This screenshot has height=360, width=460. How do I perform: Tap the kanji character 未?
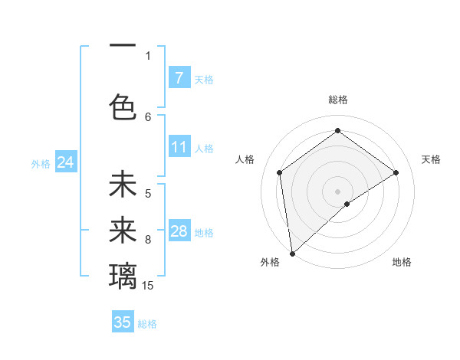pos(123,185)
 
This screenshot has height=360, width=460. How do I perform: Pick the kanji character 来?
pos(123,228)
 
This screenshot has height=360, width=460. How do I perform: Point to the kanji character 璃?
pos(123,274)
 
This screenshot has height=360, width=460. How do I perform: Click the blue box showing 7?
pos(179,77)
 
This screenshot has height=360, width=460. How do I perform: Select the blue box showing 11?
pos(179,147)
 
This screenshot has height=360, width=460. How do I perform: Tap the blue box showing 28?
pos(179,231)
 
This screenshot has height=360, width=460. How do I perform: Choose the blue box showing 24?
pos(65,162)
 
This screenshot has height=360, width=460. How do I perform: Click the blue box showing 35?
pos(122,322)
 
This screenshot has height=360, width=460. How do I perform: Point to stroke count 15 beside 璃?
pos(148,286)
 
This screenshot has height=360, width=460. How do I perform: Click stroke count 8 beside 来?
pos(148,240)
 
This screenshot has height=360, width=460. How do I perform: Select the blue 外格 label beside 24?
pos(41,163)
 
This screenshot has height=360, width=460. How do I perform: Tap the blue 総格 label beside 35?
pos(147,323)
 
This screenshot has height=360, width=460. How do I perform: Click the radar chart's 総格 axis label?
pos(337,100)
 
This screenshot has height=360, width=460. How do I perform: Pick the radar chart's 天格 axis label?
pos(431,159)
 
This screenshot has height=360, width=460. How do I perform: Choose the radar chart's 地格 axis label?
pos(402,262)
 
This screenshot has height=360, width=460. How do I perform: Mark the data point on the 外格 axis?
pos(292,252)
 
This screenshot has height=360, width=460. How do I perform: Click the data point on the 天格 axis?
pos(396,172)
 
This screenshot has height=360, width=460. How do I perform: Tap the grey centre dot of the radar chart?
pos(337,191)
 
